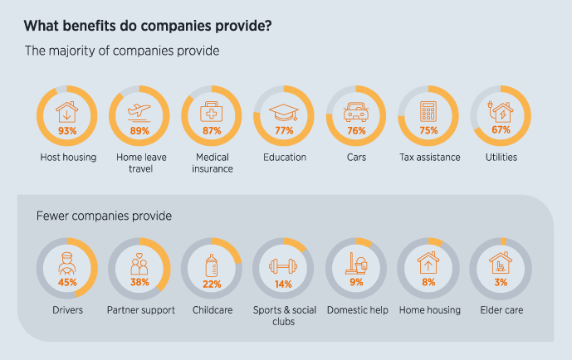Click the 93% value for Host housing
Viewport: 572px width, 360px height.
pos(67,130)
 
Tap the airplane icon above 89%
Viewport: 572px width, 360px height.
pos(139,111)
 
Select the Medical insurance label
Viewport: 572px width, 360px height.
pos(212,163)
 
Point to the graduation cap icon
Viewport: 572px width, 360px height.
pos(284,112)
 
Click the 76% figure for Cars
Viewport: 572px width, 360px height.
pos(357,130)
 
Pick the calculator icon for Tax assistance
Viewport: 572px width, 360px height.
pos(428,112)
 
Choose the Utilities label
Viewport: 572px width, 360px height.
pos(501,157)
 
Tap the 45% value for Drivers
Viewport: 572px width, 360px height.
pos(67,283)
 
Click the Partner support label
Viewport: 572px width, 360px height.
pos(139,310)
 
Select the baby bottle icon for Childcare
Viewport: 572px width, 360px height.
pos(212,265)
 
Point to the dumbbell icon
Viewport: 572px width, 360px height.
pos(284,266)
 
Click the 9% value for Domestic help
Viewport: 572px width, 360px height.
pos(357,283)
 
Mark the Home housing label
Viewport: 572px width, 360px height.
pos(428,310)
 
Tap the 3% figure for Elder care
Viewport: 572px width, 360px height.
pos(501,283)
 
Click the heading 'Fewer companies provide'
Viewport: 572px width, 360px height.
pos(104,216)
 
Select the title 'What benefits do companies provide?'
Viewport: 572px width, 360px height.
pos(148,25)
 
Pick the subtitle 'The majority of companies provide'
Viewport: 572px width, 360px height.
pos(122,51)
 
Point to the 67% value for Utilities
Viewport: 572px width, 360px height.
pos(501,130)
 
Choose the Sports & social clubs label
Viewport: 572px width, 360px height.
pos(284,315)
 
